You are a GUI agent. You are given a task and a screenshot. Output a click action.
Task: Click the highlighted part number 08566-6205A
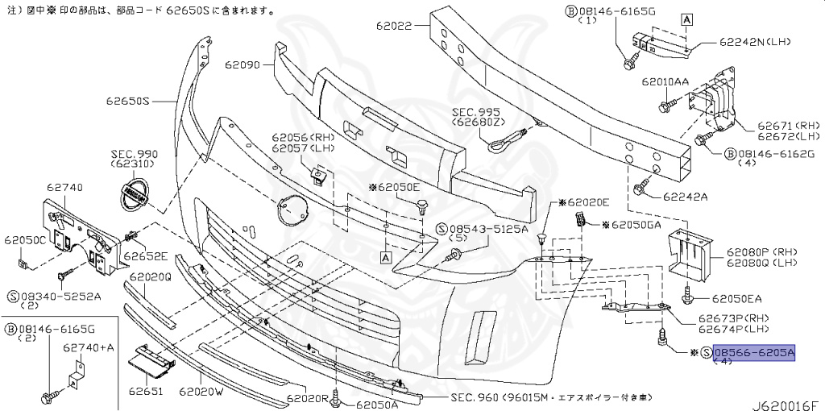click(754, 353)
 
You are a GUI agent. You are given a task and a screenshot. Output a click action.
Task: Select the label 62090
click(243, 64)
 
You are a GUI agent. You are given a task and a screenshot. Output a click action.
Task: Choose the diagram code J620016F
click(785, 398)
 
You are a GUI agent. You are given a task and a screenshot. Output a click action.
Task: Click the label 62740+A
click(88, 347)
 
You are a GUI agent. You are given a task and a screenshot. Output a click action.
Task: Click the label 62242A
click(686, 196)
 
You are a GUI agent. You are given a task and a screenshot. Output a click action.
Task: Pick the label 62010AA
click(665, 82)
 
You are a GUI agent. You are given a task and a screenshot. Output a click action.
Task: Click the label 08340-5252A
click(60, 296)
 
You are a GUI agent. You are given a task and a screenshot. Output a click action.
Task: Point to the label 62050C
click(24, 240)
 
